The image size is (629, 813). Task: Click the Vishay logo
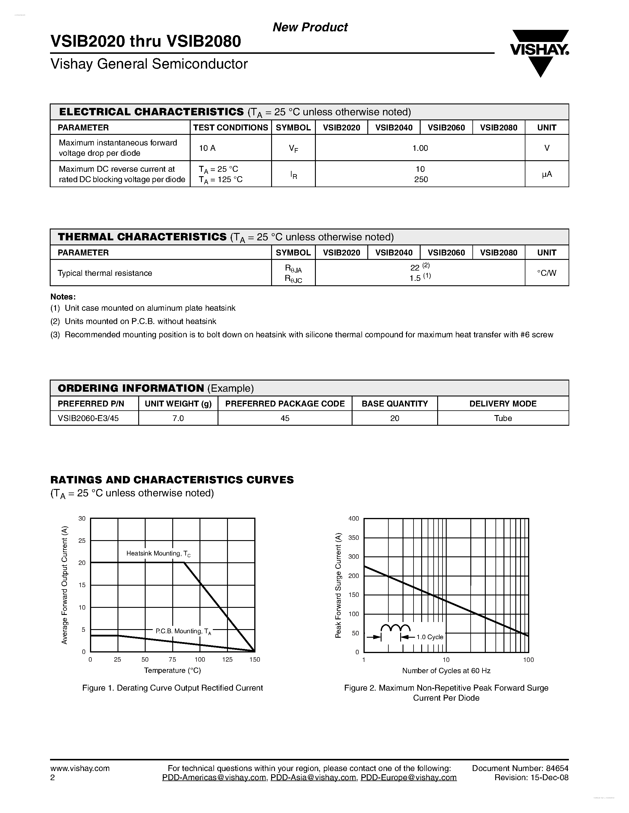(540, 52)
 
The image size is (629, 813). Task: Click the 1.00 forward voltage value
(420, 148)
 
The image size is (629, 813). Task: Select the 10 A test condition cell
(207, 148)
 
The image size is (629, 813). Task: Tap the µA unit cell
(547, 174)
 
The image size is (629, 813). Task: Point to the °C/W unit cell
(547, 273)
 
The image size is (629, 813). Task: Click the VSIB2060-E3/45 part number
(88, 418)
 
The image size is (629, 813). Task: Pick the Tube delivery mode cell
(503, 418)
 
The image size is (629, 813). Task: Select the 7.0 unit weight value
(178, 418)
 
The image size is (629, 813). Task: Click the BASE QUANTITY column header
(395, 404)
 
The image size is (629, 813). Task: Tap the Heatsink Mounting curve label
(158, 553)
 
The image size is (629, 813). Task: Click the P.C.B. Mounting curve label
(183, 631)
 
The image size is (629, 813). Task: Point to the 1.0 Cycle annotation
(429, 637)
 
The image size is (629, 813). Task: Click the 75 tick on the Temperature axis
(172, 660)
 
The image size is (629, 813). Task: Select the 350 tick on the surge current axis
(354, 538)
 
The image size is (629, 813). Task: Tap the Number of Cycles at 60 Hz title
(446, 671)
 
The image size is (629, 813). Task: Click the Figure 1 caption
(173, 688)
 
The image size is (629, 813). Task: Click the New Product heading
(310, 27)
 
